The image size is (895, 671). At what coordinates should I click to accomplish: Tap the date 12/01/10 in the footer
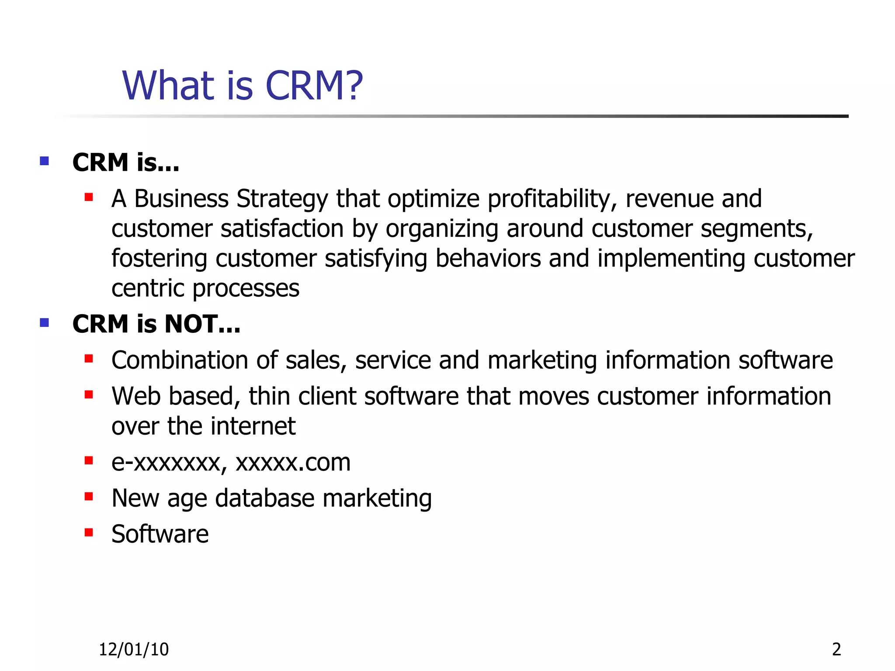coord(134,650)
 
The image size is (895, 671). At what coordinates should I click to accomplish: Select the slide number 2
coord(836,650)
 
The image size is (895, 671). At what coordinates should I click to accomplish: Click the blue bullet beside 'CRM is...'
coord(44,161)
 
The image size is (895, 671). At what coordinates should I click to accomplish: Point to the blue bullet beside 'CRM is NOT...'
coord(44,323)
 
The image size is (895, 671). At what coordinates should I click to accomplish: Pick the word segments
coord(756,229)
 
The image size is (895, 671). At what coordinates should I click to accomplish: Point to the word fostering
coord(159,259)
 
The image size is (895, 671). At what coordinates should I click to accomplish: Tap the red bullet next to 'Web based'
coord(89,395)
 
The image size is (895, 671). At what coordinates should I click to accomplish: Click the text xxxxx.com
coord(293,462)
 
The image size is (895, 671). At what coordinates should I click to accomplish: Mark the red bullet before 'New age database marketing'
coord(89,497)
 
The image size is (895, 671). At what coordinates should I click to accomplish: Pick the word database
coord(265,498)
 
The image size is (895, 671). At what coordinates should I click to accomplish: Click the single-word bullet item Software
coord(160,534)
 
